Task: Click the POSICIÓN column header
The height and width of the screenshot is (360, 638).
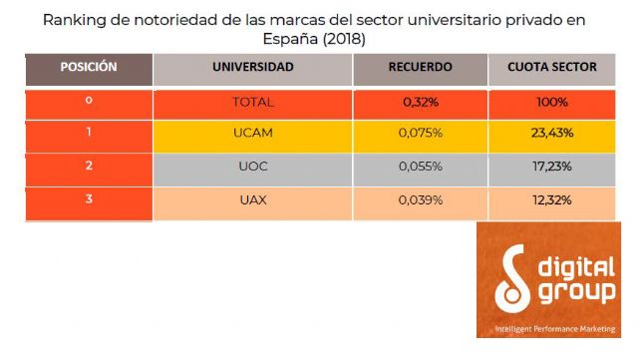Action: tap(89, 68)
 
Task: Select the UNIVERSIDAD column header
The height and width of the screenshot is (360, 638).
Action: tap(252, 68)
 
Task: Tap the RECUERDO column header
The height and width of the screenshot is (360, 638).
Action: tap(420, 68)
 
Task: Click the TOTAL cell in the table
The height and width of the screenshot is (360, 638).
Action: tap(252, 102)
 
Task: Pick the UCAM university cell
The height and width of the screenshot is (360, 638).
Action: tap(252, 135)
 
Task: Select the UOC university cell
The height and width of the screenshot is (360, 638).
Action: tap(252, 168)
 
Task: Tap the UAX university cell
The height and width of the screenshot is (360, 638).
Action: tap(252, 200)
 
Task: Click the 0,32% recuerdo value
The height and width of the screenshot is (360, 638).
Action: tap(420, 102)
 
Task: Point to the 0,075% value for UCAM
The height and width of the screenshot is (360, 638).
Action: tap(420, 135)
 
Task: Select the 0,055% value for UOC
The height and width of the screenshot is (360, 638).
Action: tap(420, 168)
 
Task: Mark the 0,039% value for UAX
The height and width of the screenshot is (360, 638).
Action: tap(420, 200)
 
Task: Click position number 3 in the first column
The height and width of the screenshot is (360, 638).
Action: tap(89, 199)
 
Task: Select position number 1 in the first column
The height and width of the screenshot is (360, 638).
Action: tap(89, 134)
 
